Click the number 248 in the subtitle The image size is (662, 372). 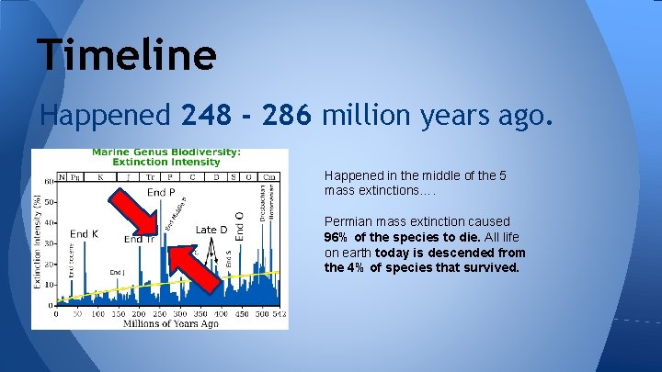[x=210, y=117]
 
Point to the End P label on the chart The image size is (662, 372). [x=161, y=192]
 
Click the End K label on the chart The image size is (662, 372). [x=84, y=234]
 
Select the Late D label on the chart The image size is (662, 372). [x=211, y=230]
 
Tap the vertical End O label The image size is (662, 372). [x=240, y=226]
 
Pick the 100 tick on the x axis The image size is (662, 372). [x=97, y=313]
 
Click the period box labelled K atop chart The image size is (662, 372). [x=99, y=176]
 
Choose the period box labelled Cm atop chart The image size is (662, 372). [x=269, y=176]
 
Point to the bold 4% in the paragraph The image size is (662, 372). [x=355, y=268]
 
